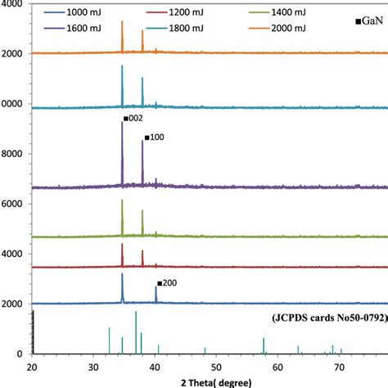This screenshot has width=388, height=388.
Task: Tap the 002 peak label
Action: coord(133,119)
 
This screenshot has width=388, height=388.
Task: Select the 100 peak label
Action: coord(155,138)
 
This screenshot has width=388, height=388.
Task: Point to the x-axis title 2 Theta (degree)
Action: coord(210,381)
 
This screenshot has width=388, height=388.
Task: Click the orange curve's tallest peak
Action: coord(122,23)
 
